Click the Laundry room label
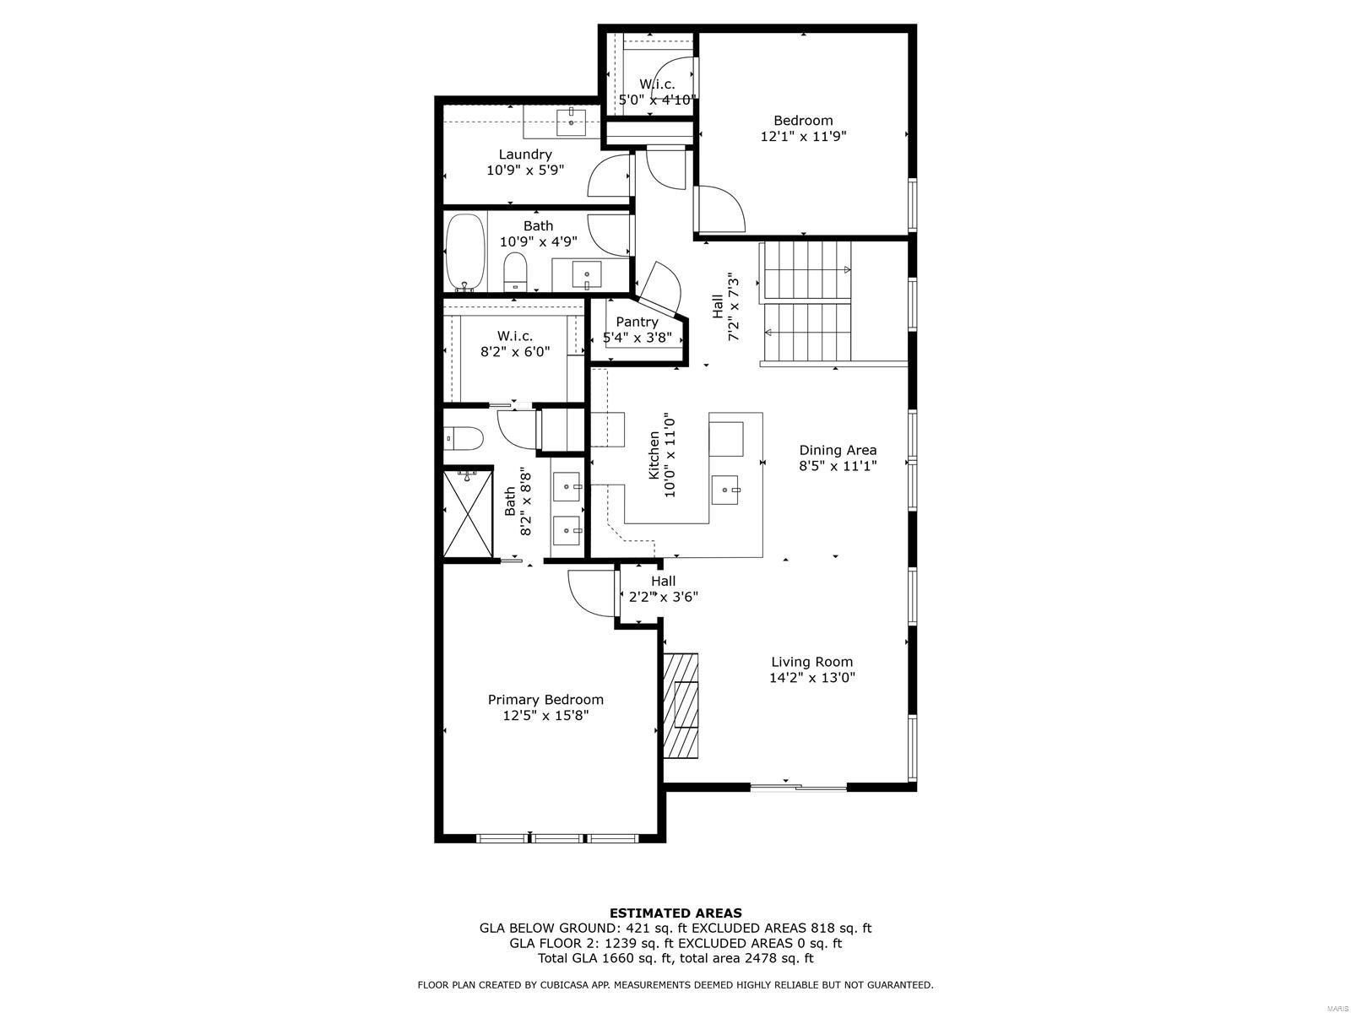[x=524, y=154]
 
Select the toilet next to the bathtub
[x=516, y=273]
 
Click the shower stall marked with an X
[x=469, y=512]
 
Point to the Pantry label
[x=637, y=322]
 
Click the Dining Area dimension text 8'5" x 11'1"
[x=837, y=466]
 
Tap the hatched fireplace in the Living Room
[x=681, y=705]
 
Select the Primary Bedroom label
[x=545, y=699]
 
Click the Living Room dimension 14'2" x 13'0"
[x=811, y=678]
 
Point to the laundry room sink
[x=572, y=122]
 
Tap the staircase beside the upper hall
[x=806, y=301]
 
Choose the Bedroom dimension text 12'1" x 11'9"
[x=803, y=136]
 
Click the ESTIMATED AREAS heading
[x=675, y=913]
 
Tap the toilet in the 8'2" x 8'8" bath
[x=464, y=439]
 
